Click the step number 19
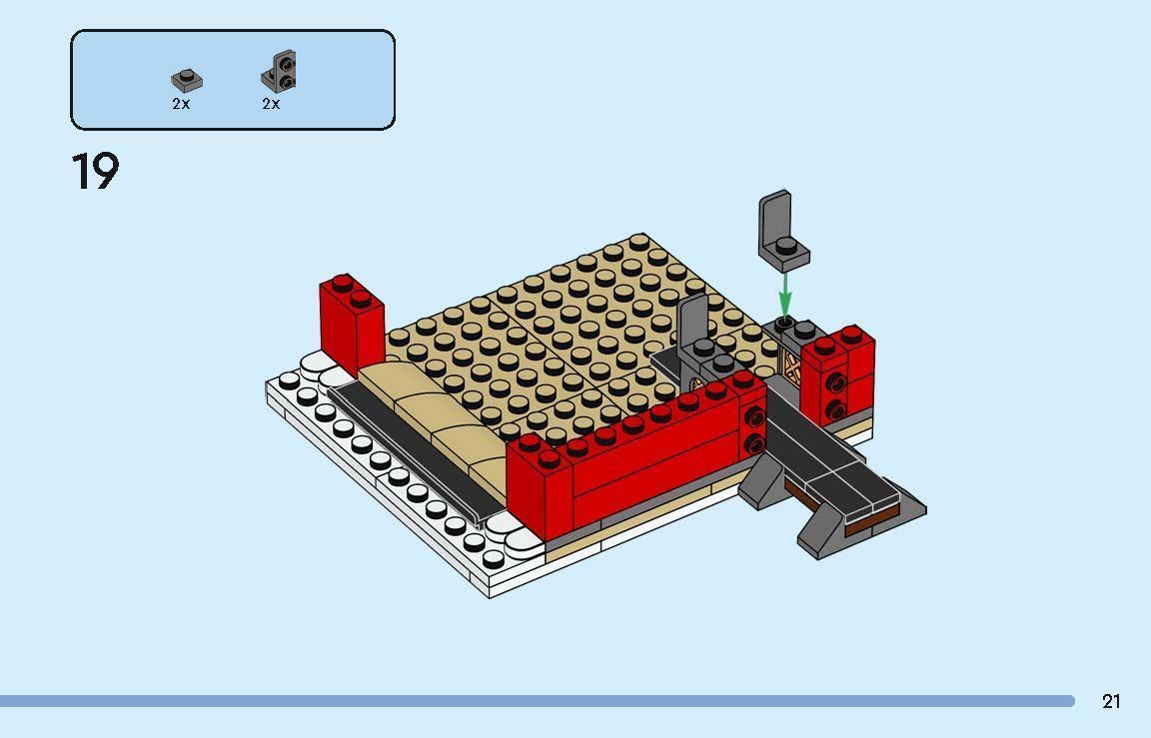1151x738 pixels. [95, 171]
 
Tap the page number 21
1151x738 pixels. [1111, 701]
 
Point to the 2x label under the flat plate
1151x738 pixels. [181, 104]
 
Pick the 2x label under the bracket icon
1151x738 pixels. [271, 104]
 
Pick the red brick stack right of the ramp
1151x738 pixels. [839, 374]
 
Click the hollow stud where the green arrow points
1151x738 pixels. [785, 323]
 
